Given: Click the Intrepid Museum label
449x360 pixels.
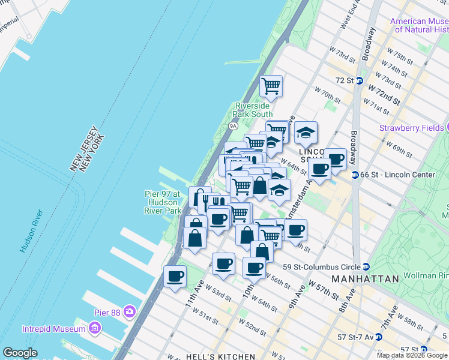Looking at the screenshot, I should pos(53,329).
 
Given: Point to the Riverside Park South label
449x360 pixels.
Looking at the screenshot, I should pos(253,110).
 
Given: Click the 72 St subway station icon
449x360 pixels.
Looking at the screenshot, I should pos(359,80).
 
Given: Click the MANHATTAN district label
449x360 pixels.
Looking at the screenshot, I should pos(366,280).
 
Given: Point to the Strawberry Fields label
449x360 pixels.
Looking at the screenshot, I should pos(411,128).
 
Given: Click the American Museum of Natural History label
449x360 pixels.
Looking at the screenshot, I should pos(419,25).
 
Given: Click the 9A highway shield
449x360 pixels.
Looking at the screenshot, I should pos(233,126).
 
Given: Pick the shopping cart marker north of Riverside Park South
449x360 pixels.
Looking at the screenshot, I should pos(271,85).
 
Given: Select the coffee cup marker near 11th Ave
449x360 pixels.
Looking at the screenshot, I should pos(175,276).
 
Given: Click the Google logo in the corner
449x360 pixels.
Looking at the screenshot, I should pos(20,353).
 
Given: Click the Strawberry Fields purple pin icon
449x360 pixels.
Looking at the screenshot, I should pos(448,127).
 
